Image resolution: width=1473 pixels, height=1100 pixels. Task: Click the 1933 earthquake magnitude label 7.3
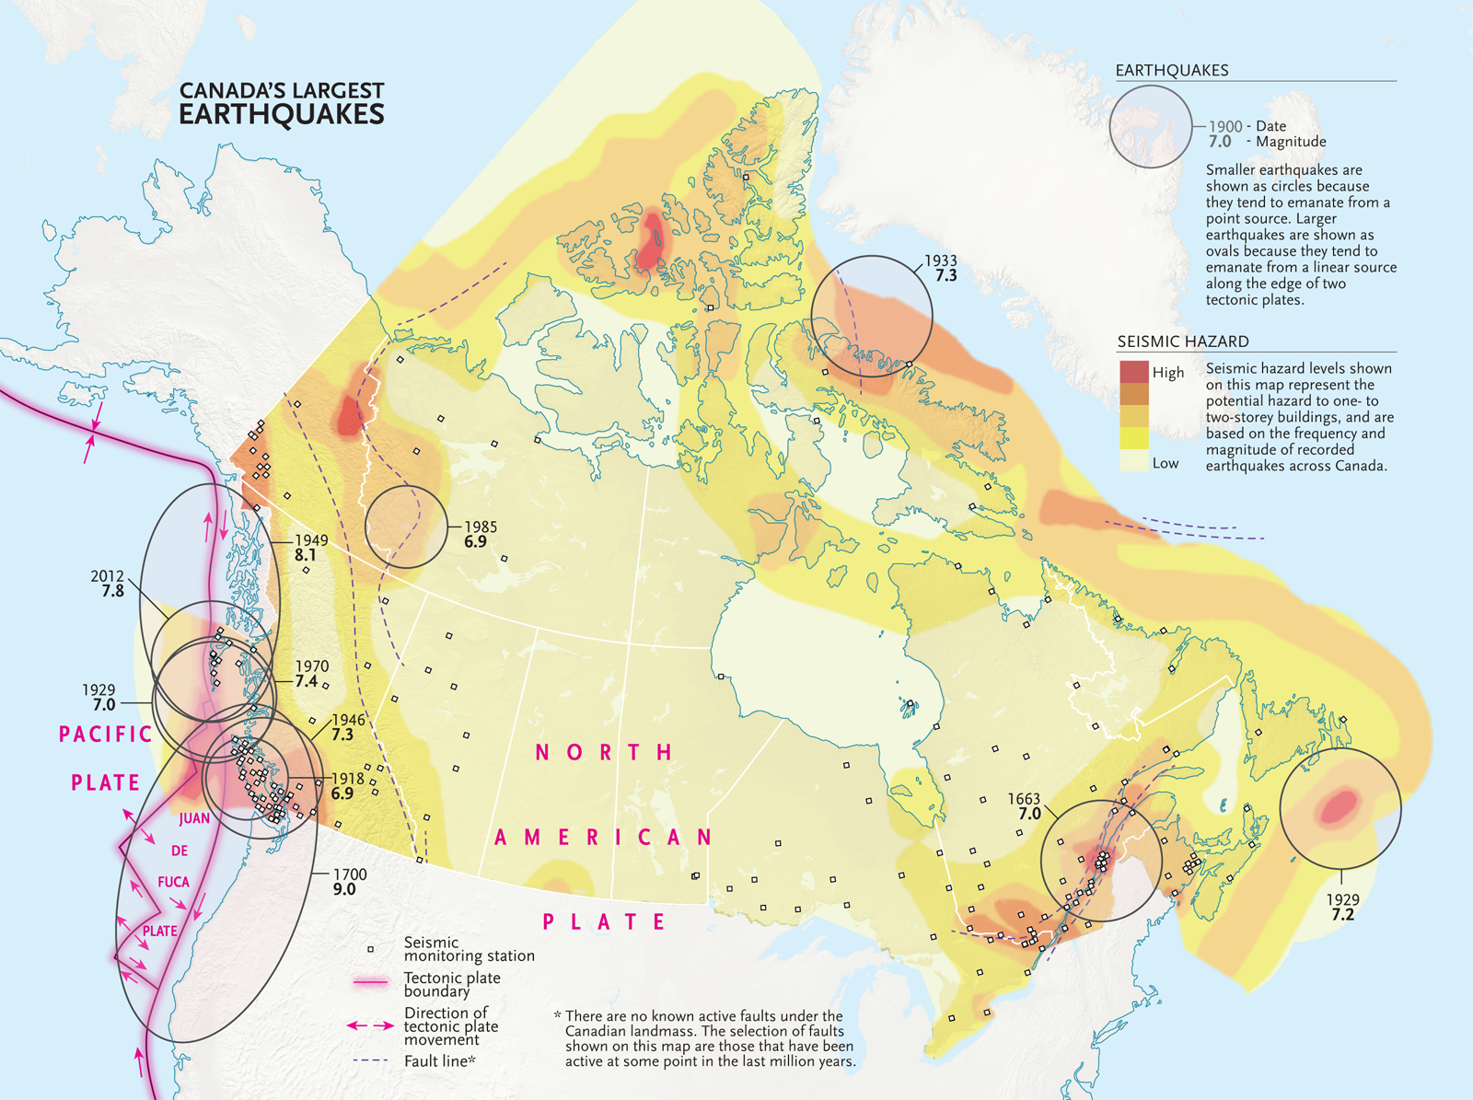click(945, 276)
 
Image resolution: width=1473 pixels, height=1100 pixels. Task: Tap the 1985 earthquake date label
click(480, 527)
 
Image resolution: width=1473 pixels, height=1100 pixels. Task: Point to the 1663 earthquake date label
click(1024, 799)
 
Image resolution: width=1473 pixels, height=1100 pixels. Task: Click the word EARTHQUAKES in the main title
click(281, 115)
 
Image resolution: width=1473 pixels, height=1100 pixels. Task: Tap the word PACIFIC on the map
click(106, 734)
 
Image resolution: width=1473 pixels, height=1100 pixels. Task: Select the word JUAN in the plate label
click(194, 818)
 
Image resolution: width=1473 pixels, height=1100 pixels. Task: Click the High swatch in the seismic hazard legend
click(1134, 372)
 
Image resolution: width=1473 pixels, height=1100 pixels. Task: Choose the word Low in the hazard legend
click(1166, 464)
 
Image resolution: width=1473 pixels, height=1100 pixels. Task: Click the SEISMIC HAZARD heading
click(1182, 342)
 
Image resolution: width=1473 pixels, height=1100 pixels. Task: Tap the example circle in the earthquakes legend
click(1151, 127)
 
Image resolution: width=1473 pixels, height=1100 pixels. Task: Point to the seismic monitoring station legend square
click(371, 948)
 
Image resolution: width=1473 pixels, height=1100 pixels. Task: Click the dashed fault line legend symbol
click(371, 1061)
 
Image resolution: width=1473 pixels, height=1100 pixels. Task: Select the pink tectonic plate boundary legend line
click(371, 983)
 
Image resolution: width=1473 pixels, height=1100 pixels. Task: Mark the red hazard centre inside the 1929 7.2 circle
click(1340, 807)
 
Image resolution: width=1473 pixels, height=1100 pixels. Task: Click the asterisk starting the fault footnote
click(557, 1016)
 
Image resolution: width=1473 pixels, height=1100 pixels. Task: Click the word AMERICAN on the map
click(604, 837)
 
